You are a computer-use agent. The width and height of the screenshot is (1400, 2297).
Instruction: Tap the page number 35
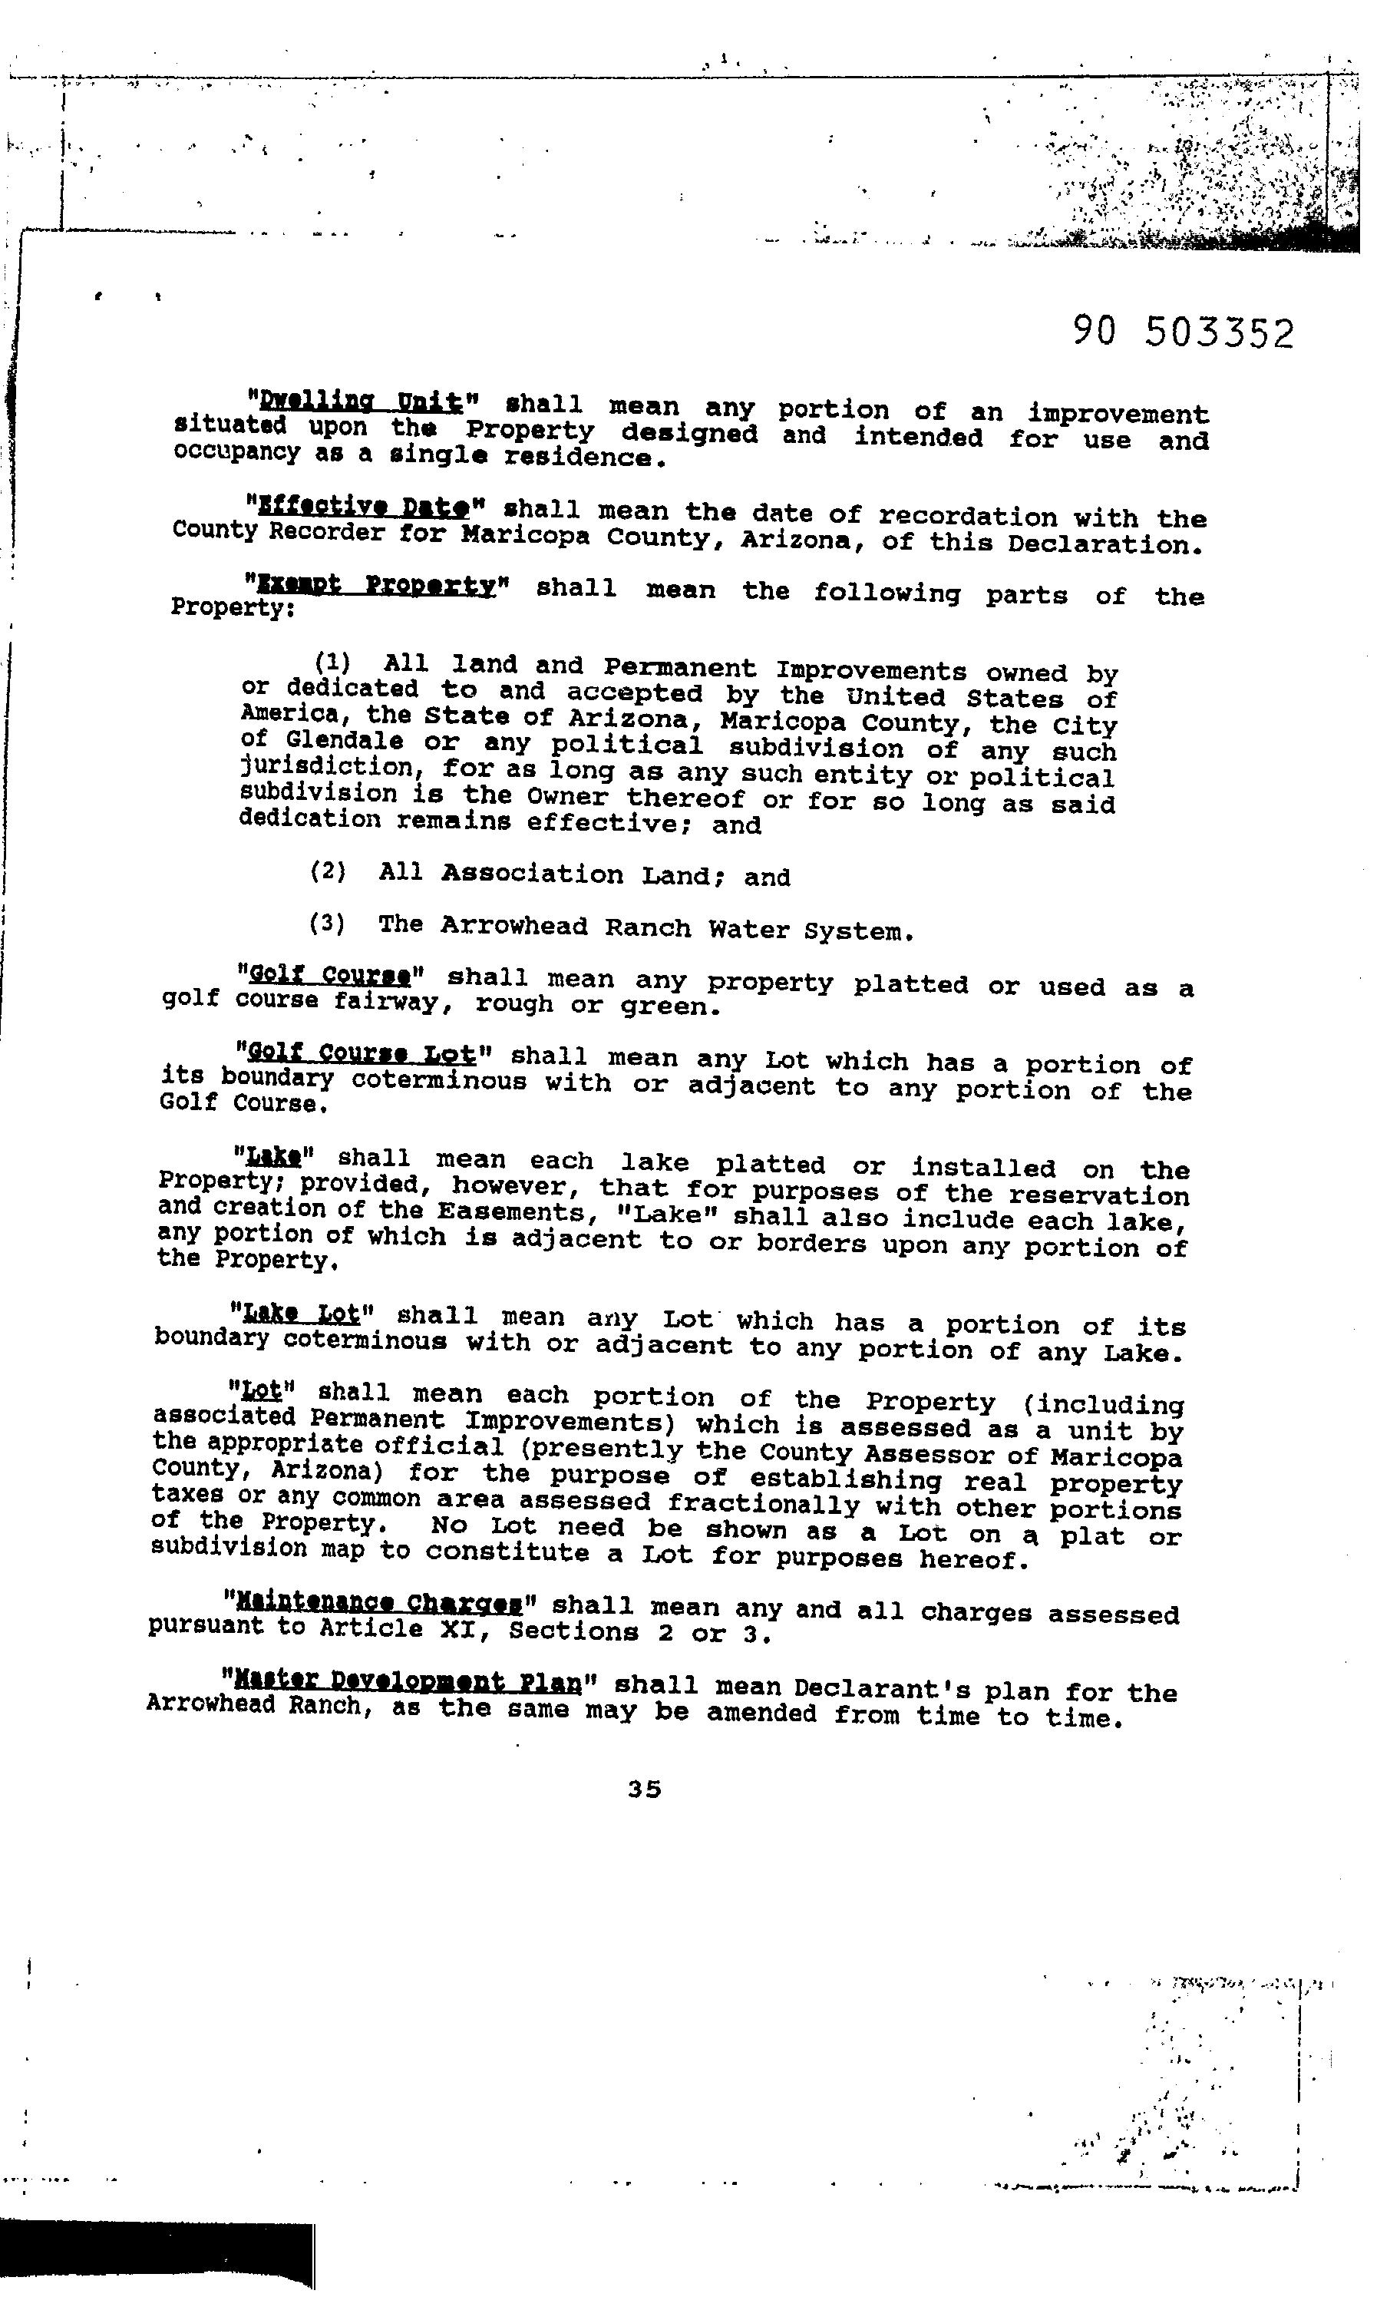644,1788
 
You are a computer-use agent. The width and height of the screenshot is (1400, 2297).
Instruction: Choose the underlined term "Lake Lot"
301,1314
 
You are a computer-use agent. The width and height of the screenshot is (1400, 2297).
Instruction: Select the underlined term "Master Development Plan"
410,1682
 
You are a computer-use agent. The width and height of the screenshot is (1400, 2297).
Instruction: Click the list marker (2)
327,873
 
